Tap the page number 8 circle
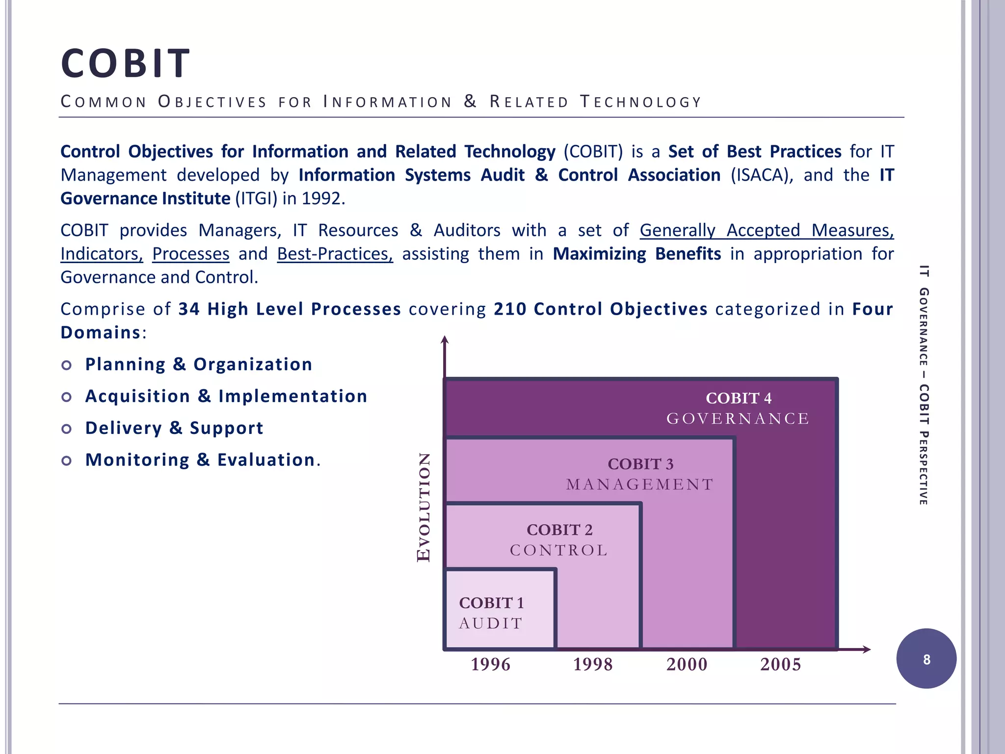(x=926, y=659)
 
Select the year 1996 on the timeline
(x=490, y=665)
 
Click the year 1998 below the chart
(x=593, y=665)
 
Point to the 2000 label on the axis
(x=687, y=665)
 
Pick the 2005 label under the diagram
(x=780, y=665)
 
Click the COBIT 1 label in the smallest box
(x=491, y=603)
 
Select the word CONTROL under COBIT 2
(x=559, y=550)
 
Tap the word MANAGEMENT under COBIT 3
(x=640, y=485)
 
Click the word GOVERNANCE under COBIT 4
(x=738, y=419)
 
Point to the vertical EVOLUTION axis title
(x=423, y=507)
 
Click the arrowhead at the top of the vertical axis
(x=445, y=340)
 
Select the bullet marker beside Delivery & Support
(x=67, y=429)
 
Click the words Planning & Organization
(x=199, y=364)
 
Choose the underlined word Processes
(x=190, y=254)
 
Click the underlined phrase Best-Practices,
(x=335, y=254)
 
